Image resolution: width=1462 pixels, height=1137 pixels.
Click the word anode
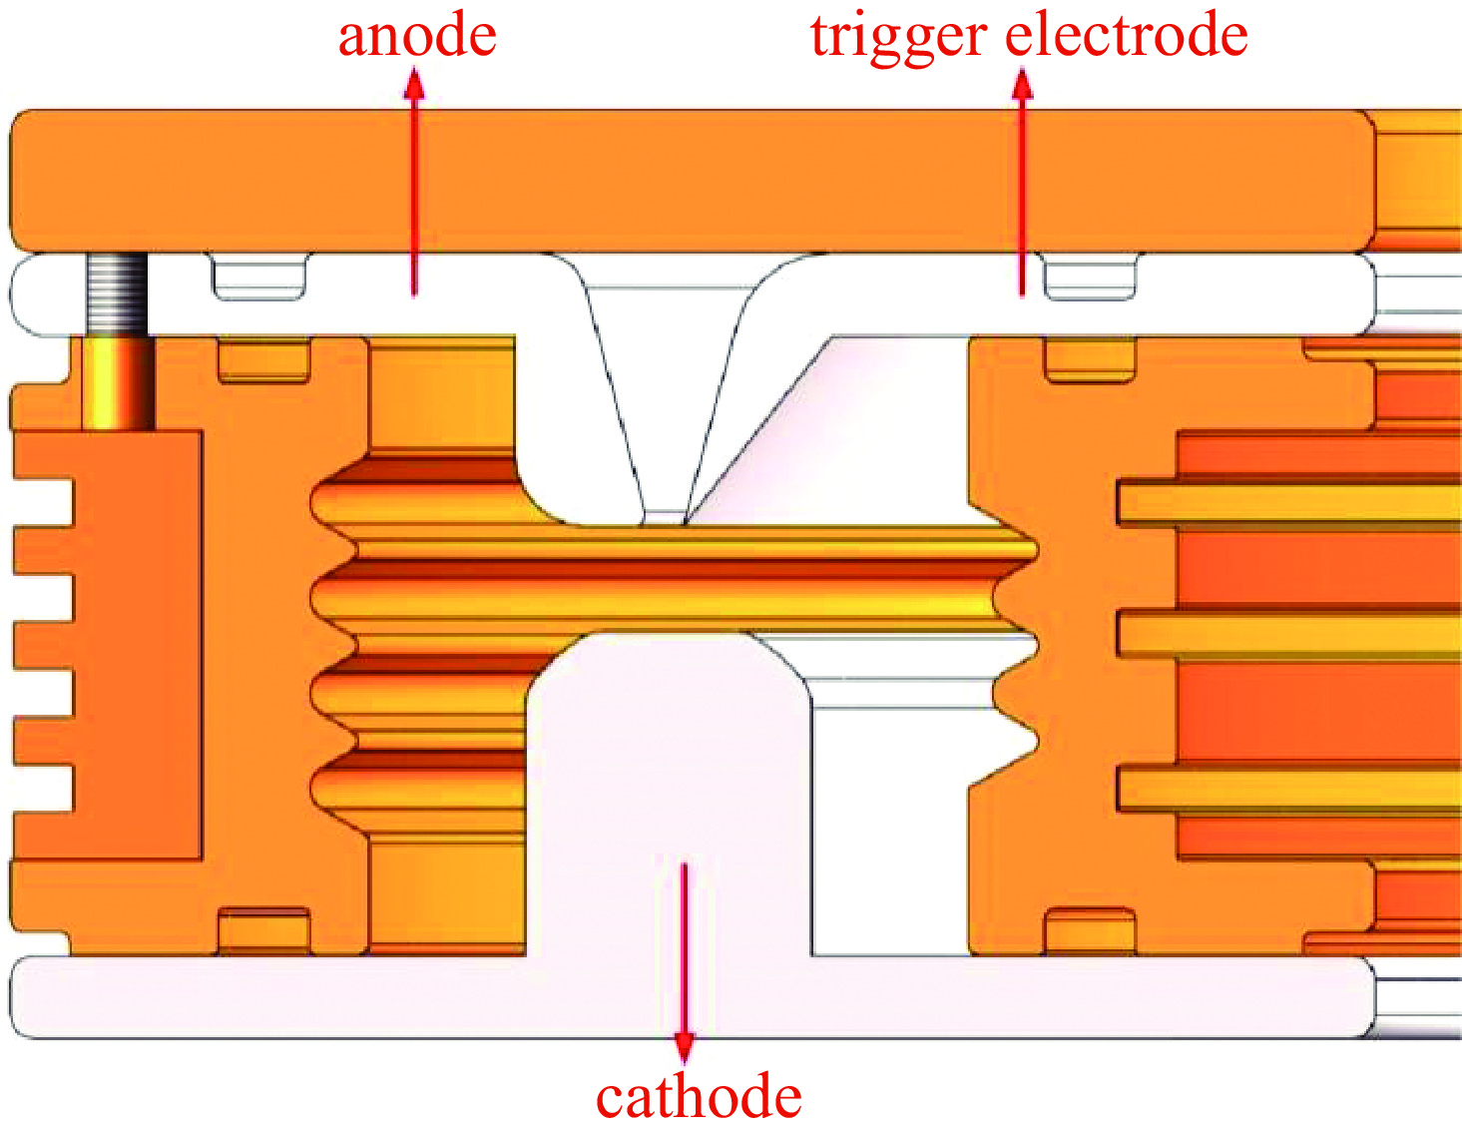417,36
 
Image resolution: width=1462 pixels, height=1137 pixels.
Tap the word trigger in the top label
897,38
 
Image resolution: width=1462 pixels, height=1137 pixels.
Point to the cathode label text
699,1097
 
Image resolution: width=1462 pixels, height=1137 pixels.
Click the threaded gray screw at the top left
117,293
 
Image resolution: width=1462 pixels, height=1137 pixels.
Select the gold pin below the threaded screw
117,383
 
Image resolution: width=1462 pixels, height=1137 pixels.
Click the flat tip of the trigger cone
664,517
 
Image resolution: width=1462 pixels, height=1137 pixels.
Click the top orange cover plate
689,180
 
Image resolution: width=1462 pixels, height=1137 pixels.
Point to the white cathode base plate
689,997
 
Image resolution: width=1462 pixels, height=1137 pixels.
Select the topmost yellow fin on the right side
1287,504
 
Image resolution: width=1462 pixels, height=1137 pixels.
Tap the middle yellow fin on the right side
1287,635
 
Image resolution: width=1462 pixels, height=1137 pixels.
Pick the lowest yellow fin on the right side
1287,789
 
